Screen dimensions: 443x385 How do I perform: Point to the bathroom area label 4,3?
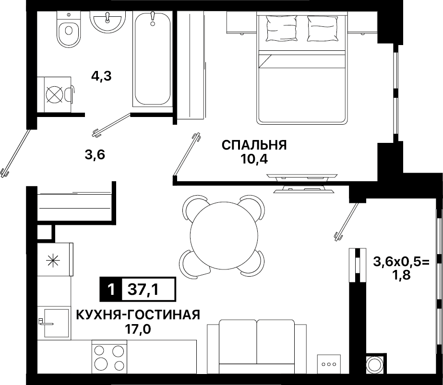click(101, 76)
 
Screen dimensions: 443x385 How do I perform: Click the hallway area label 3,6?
click(95, 155)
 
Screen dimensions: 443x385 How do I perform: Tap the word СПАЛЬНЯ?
click(254, 145)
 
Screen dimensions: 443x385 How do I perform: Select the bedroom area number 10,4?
click(254, 160)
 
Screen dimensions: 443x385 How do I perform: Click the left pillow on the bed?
click(282, 28)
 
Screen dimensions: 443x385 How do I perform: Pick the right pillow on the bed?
click(323, 28)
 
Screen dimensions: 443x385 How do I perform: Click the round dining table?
click(224, 235)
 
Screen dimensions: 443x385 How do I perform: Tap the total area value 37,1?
click(143, 289)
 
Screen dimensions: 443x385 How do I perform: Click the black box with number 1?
click(111, 289)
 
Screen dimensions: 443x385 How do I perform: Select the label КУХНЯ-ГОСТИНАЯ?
click(138, 315)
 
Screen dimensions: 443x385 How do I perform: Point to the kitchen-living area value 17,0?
click(138, 329)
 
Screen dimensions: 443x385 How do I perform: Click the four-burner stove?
click(109, 357)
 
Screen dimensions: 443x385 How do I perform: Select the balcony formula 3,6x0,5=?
click(401, 262)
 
